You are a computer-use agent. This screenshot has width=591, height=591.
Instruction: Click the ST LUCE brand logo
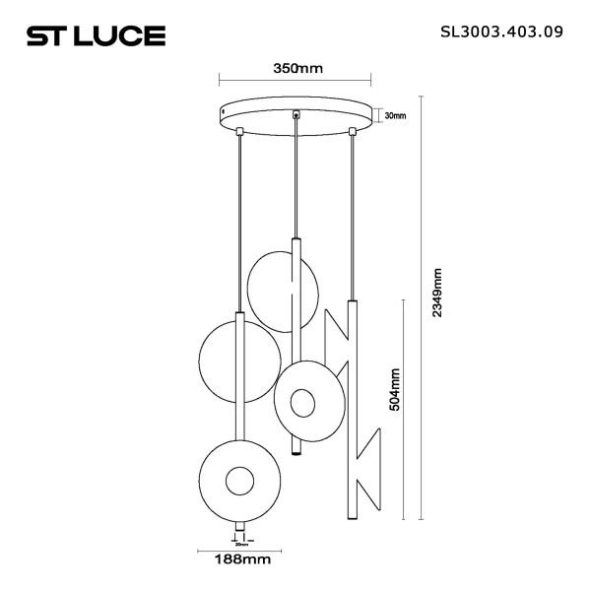pos(95,36)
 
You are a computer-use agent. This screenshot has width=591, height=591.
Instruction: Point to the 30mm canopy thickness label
pos(395,116)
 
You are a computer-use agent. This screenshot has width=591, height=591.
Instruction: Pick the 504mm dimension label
pos(395,388)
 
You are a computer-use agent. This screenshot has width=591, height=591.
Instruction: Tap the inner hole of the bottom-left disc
pos(239,482)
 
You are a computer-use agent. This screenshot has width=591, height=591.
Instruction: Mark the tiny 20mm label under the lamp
pos(239,543)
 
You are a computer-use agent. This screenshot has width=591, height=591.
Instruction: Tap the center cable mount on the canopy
pos(295,116)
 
